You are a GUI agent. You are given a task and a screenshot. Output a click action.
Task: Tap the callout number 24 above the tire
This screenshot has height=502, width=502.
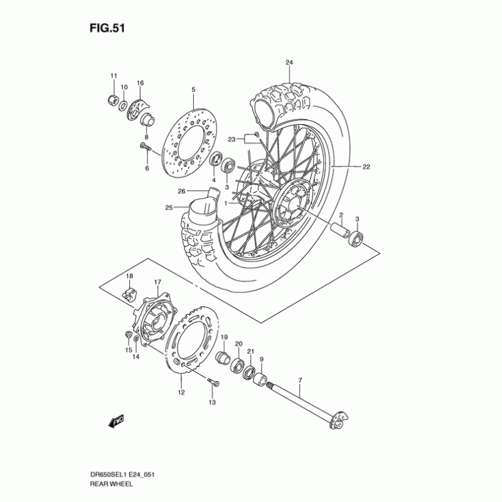pyautogui.click(x=289, y=62)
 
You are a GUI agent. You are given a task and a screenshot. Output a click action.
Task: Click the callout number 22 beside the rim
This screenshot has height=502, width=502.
pyautogui.click(x=366, y=167)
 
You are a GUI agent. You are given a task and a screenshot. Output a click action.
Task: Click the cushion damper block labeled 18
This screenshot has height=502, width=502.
pyautogui.click(x=129, y=292)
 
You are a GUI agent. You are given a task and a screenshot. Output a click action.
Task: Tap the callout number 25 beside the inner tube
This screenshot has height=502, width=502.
pyautogui.click(x=168, y=208)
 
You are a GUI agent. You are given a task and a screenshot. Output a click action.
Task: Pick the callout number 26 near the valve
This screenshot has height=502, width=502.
pyautogui.click(x=181, y=191)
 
